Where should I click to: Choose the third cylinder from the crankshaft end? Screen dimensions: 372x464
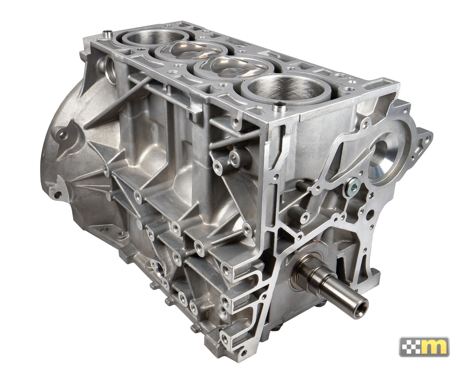click(x=192, y=50)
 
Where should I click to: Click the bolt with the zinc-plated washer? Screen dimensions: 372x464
click(x=353, y=188)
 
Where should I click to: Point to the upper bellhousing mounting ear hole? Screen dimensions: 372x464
click(x=64, y=135)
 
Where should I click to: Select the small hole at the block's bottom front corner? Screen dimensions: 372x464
click(x=243, y=352)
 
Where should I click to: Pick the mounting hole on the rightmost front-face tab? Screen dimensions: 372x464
click(x=427, y=139)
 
